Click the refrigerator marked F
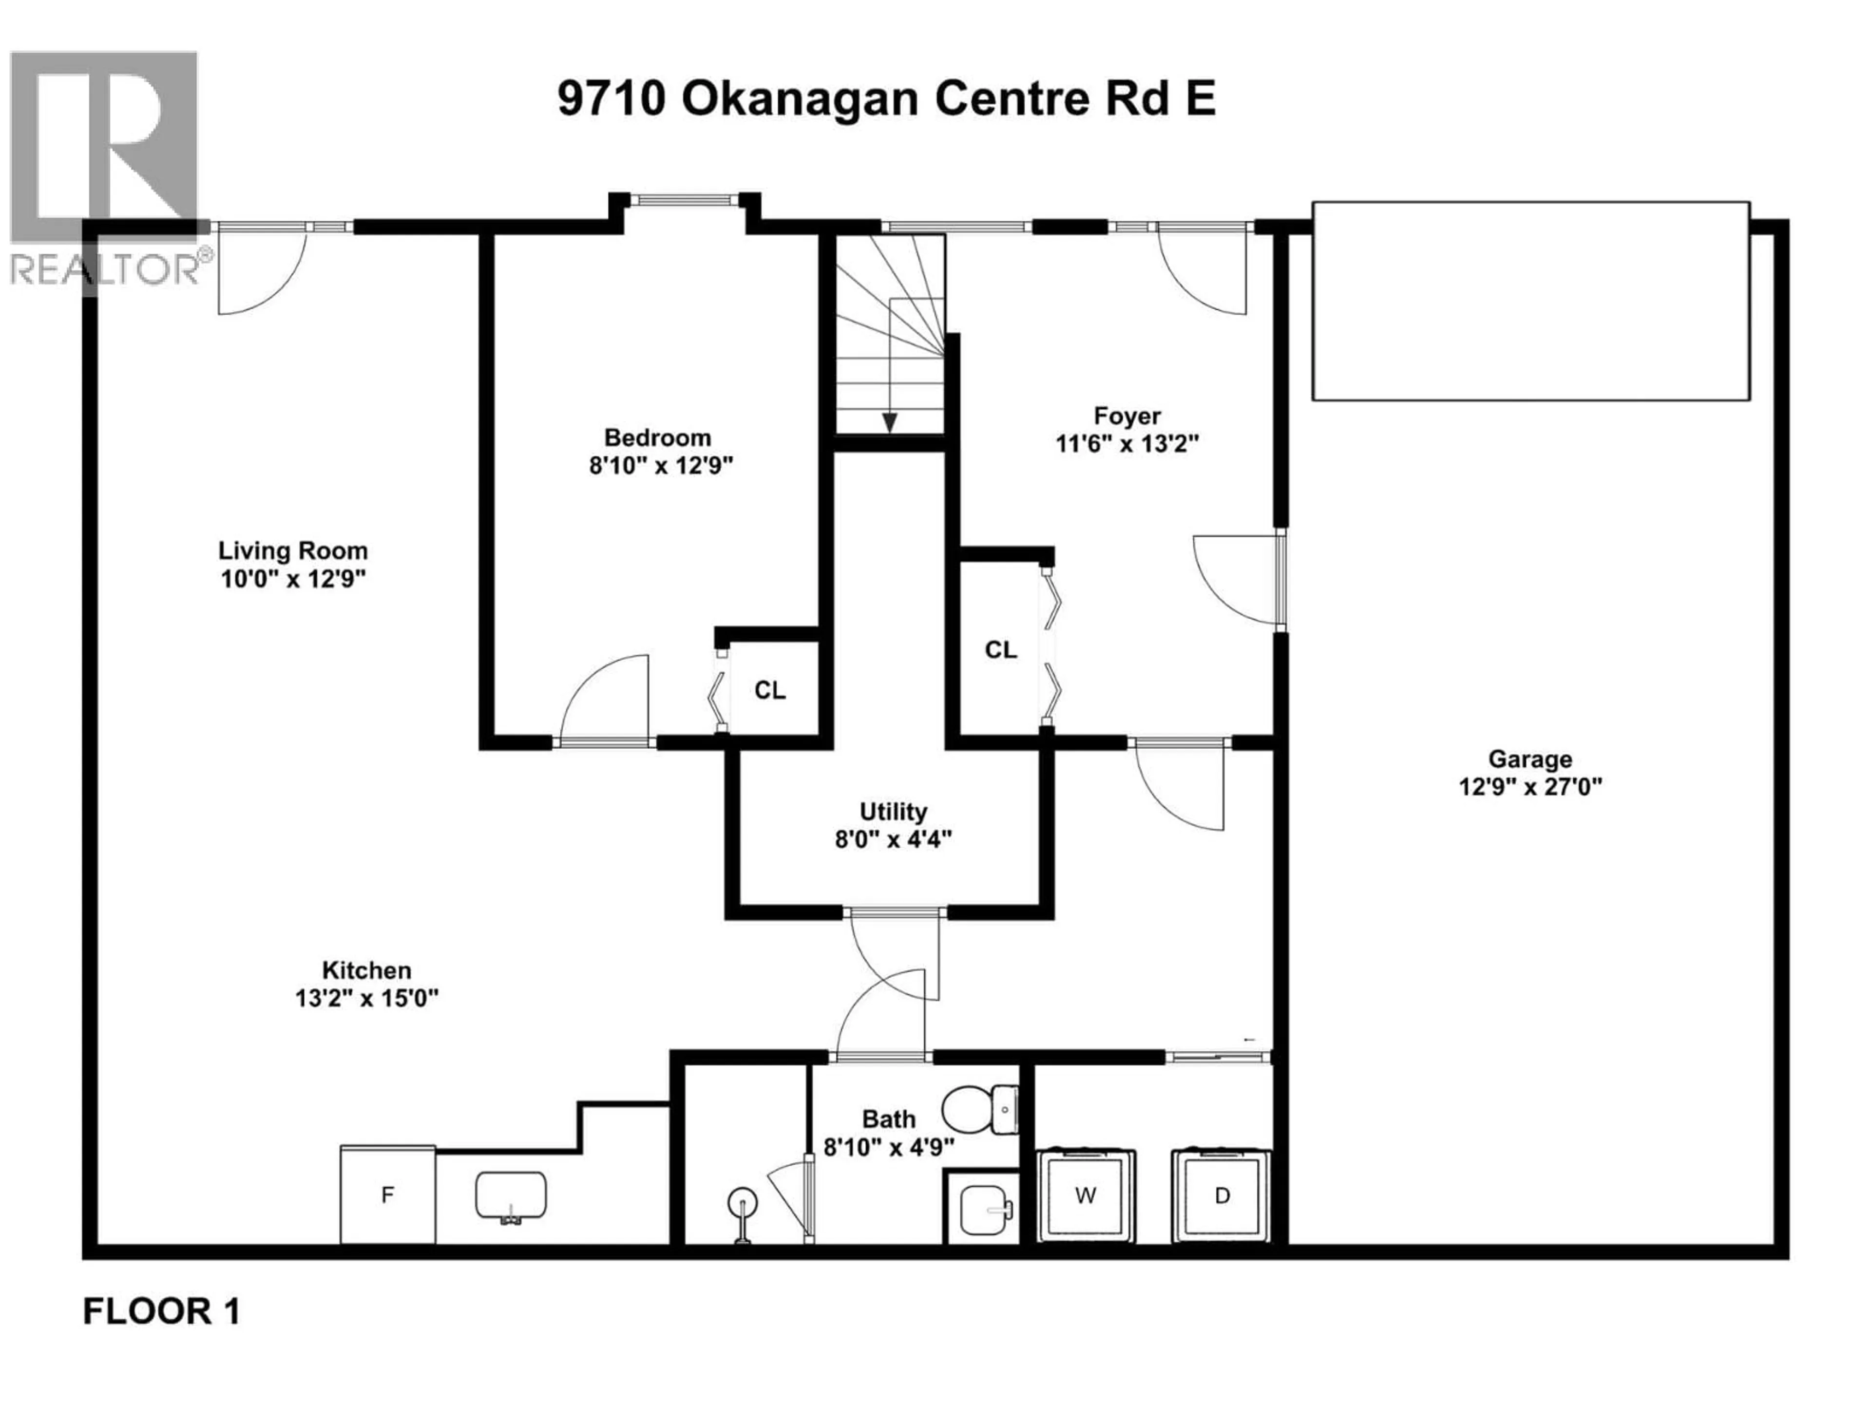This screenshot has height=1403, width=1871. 387,1195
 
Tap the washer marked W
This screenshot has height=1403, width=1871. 1086,1195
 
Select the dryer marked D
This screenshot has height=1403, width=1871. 1222,1195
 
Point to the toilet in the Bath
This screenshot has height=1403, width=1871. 979,1109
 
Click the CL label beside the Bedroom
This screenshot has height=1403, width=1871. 770,691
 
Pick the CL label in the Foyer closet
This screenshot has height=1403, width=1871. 1001,649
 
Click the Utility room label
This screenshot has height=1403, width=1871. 893,812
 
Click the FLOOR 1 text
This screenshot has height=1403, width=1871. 162,1312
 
